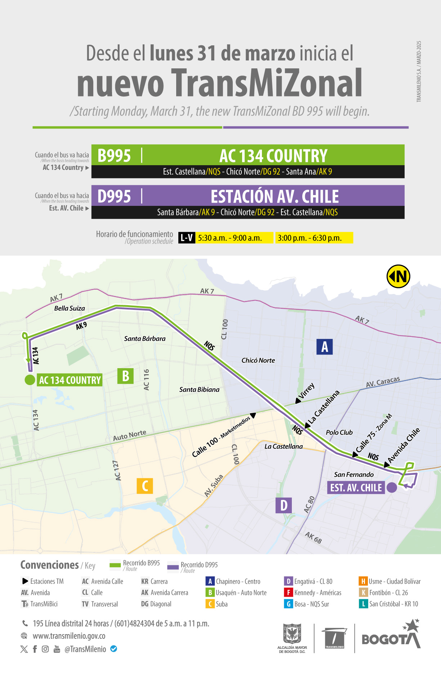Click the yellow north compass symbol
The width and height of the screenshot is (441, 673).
click(x=398, y=276)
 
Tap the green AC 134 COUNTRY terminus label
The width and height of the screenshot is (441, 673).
click(x=70, y=380)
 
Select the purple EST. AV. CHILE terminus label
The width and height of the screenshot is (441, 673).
click(x=356, y=488)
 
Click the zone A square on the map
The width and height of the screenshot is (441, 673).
click(x=324, y=347)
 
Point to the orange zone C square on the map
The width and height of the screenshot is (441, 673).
click(x=145, y=486)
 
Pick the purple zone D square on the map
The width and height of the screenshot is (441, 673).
click(x=284, y=505)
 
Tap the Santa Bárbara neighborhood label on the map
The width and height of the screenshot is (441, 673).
click(x=145, y=339)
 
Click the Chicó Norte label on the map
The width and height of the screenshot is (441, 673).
click(x=258, y=361)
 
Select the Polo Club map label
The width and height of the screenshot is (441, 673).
click(x=339, y=433)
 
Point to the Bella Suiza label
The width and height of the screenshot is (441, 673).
click(x=70, y=308)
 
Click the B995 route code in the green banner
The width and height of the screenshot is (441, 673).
click(x=114, y=156)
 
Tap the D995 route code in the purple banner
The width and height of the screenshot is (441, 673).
click(x=114, y=197)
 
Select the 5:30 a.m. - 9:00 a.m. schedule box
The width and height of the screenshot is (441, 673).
click(x=234, y=238)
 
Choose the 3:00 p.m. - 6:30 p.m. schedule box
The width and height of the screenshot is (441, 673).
click(x=314, y=238)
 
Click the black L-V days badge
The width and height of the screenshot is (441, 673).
click(x=187, y=238)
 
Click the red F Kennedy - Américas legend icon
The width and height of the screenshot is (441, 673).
click(x=288, y=592)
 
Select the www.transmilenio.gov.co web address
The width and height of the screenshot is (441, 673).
click(x=69, y=636)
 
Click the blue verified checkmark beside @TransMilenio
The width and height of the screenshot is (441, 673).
click(x=113, y=649)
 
